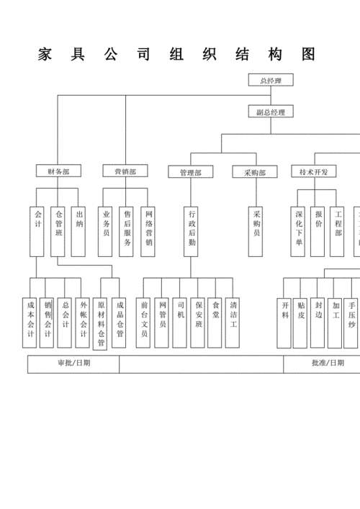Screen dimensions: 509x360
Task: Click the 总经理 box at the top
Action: pyautogui.click(x=271, y=81)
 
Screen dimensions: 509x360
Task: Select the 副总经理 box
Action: pyautogui.click(x=271, y=112)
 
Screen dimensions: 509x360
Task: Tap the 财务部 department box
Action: pyautogui.click(x=59, y=171)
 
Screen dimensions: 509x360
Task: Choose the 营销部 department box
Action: pyautogui.click(x=125, y=171)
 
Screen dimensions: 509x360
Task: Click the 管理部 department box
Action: pyautogui.click(x=191, y=172)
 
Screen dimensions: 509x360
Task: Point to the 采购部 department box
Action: pyautogui.click(x=255, y=172)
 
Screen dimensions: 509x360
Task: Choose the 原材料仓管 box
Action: pyautogui.click(x=101, y=323)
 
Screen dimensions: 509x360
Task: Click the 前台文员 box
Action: pyautogui.click(x=145, y=323)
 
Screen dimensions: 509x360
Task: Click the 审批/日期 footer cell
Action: pyautogui.click(x=73, y=364)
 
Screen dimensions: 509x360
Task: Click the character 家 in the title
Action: pyautogui.click(x=44, y=55)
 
